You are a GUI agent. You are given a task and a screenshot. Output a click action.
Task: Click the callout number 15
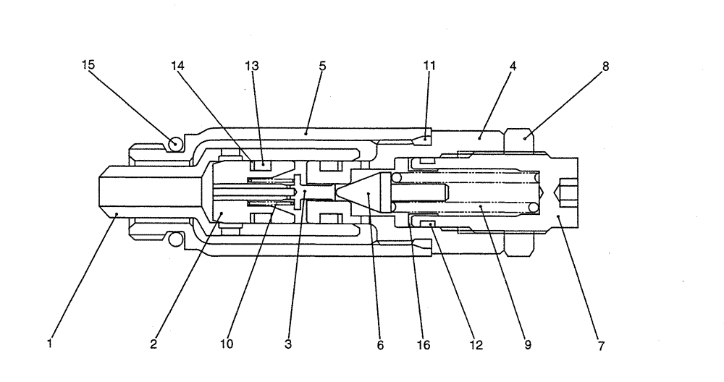coord(88,65)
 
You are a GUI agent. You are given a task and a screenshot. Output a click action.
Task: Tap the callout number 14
coord(177,65)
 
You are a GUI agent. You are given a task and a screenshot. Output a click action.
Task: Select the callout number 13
coord(252,65)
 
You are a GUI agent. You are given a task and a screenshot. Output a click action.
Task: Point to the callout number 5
coord(322,65)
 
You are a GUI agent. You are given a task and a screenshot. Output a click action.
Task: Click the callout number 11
coord(429,65)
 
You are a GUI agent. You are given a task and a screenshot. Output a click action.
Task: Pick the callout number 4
coord(513,65)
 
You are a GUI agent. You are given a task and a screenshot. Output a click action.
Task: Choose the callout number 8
coord(605,65)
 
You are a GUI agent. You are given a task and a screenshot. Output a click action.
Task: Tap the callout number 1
coord(49,344)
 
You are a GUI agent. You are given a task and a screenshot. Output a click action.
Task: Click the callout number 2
coord(153,344)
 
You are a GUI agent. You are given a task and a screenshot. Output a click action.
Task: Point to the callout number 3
coord(288,344)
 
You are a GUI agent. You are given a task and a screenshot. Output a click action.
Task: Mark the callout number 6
coord(380,344)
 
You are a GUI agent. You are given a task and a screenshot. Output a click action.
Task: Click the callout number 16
coord(424,344)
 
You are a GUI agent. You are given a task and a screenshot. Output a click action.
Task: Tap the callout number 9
coord(528,344)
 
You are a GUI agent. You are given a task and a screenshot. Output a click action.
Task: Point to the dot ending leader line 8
coord(526,136)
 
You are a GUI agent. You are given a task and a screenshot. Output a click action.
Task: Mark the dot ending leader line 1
coord(117,213)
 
